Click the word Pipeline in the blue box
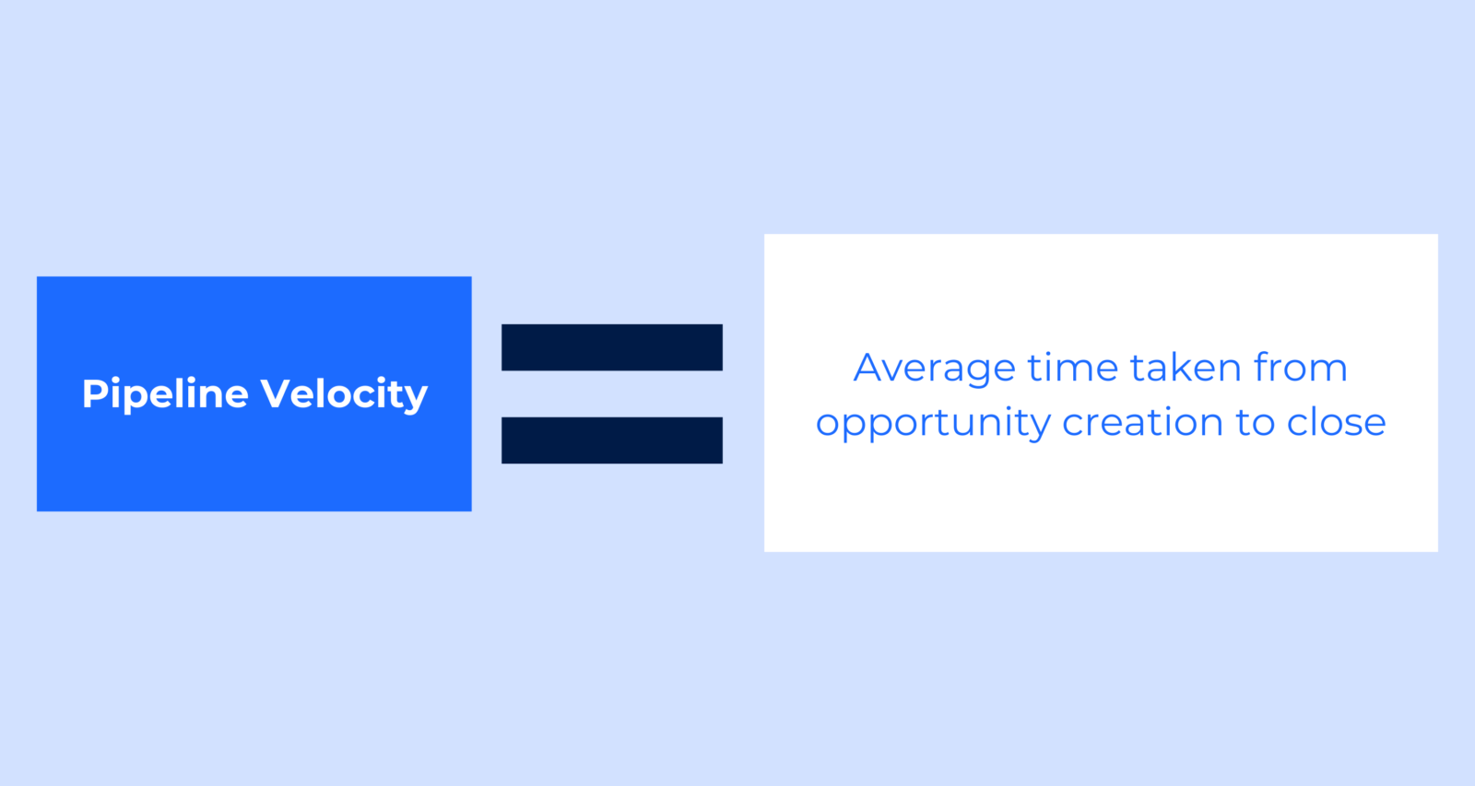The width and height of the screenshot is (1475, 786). (165, 394)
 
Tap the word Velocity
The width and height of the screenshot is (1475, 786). (344, 394)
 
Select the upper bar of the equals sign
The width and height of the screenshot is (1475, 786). (612, 347)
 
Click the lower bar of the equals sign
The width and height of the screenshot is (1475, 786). (612, 440)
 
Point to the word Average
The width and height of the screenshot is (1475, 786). (934, 369)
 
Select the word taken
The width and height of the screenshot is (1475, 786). (1186, 368)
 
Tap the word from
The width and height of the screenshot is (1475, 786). (1300, 368)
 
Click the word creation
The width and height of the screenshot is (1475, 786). (1143, 423)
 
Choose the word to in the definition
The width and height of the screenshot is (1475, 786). (1256, 423)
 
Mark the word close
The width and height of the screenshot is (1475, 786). (1337, 423)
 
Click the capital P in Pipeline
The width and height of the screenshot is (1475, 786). (93, 393)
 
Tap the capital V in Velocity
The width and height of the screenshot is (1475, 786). (275, 393)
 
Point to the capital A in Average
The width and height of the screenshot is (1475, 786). (869, 368)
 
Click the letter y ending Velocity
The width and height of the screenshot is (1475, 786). (417, 398)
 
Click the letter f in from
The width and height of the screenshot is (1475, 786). (1261, 366)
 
